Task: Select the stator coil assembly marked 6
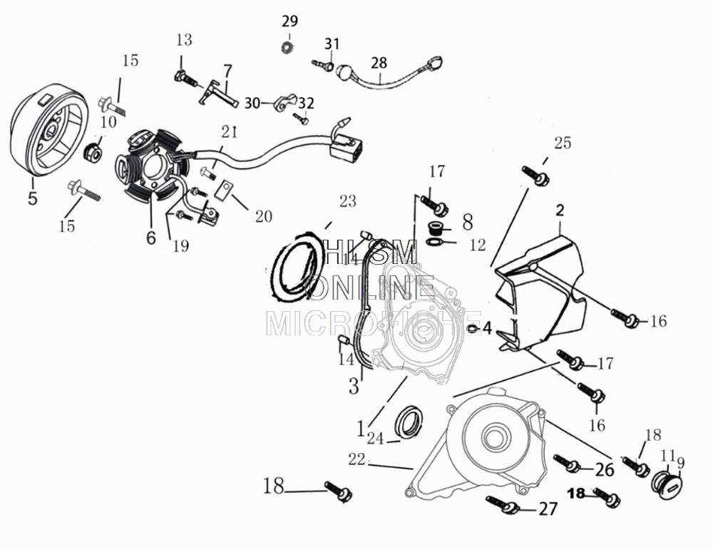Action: [152, 166]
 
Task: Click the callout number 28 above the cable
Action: [379, 63]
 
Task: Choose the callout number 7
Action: [227, 71]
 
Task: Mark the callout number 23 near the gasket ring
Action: [347, 202]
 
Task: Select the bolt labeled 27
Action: [502, 506]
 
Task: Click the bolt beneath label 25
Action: [534, 173]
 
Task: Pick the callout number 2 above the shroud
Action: [560, 210]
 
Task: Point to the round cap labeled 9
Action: [667, 482]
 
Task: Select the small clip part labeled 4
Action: [472, 327]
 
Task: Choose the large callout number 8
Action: [467, 221]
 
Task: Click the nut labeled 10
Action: [92, 151]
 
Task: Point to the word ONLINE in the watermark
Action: [370, 287]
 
